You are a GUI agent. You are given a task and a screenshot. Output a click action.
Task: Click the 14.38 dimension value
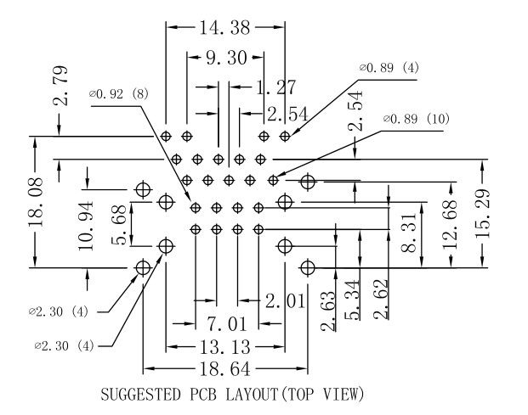[225, 28]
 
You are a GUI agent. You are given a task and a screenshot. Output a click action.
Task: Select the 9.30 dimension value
[225, 59]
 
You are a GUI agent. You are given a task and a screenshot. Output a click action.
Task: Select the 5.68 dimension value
[120, 225]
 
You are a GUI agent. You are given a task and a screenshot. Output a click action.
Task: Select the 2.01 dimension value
[282, 300]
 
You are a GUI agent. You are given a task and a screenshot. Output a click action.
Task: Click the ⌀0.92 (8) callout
[119, 94]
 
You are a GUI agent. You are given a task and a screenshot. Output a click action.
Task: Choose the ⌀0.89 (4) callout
[389, 67]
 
